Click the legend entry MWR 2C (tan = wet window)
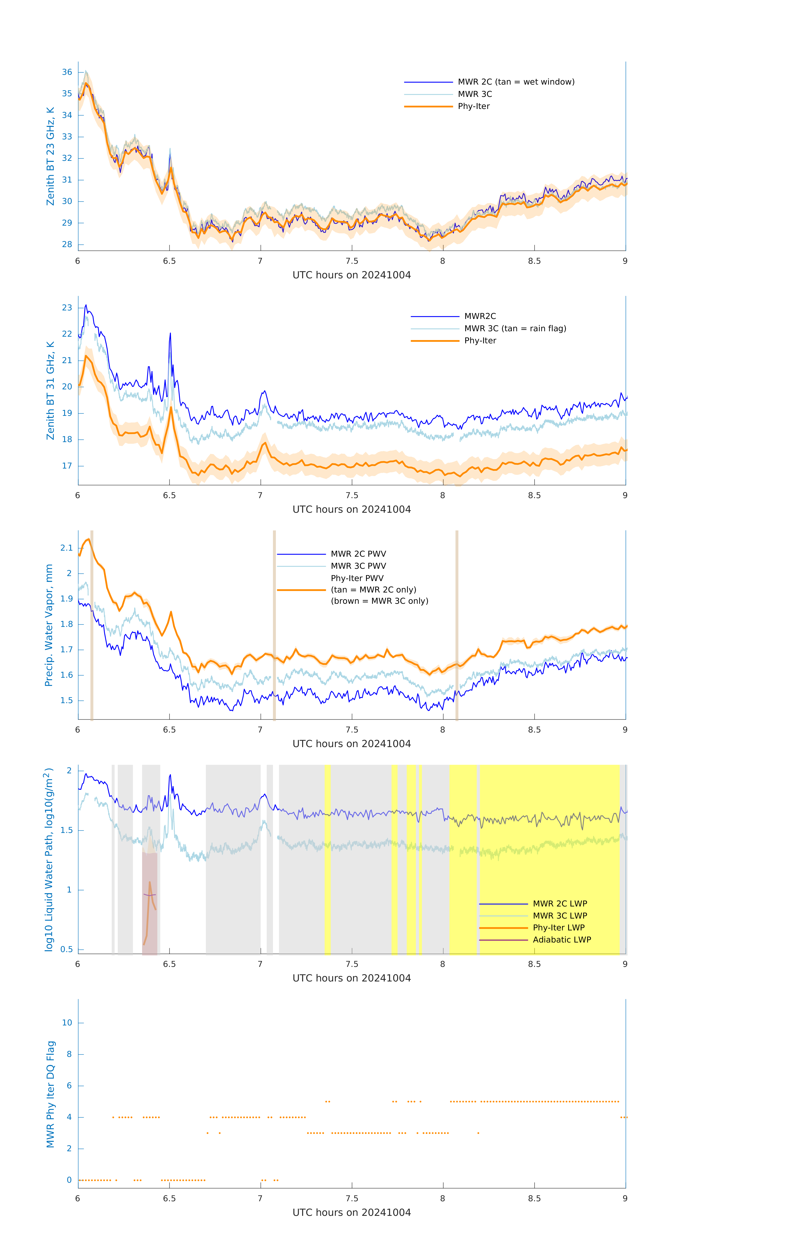515,82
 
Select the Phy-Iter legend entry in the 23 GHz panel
474,106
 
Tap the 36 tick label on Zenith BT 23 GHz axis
67,72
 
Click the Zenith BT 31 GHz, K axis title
50,390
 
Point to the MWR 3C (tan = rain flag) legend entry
514,329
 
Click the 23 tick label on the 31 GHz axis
67,308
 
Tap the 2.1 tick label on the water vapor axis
66,548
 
